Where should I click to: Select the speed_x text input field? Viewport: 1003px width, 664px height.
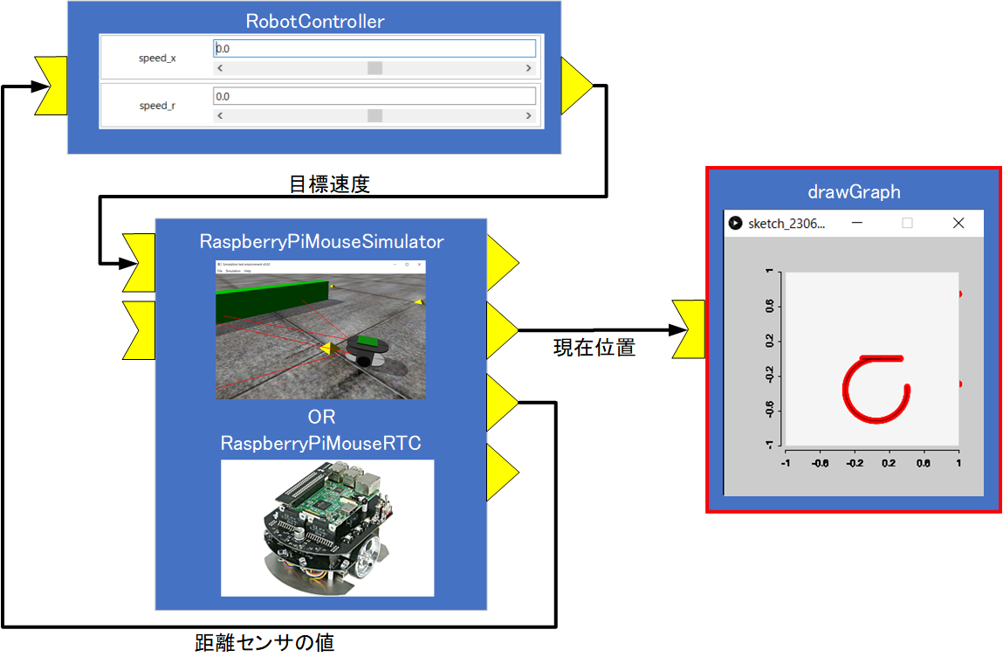pyautogui.click(x=374, y=50)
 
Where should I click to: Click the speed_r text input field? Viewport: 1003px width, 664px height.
pyautogui.click(x=374, y=96)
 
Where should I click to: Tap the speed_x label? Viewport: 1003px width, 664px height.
pyautogui.click(x=157, y=59)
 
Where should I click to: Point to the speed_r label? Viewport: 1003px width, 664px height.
pyautogui.click(x=157, y=106)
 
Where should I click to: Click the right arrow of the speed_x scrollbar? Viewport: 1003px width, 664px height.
pyautogui.click(x=529, y=68)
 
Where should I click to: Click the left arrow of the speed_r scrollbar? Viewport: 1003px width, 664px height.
pyautogui.click(x=220, y=115)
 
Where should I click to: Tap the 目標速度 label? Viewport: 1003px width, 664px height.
pyautogui.click(x=329, y=184)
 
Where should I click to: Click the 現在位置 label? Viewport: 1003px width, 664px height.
pyautogui.click(x=594, y=348)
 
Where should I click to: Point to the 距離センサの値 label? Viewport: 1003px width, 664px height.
pyautogui.click(x=264, y=643)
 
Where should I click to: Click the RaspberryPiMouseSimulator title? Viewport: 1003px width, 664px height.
pyautogui.click(x=321, y=241)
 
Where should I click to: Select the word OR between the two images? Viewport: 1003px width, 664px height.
pyautogui.click(x=321, y=417)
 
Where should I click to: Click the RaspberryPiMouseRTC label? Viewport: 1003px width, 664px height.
pyautogui.click(x=321, y=444)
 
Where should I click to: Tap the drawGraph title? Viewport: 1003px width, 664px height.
pyautogui.click(x=853, y=191)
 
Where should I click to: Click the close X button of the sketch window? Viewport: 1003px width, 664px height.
pyautogui.click(x=958, y=224)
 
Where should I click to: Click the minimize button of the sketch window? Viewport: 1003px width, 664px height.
pyautogui.click(x=857, y=224)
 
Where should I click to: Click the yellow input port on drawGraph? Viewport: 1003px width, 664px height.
pyautogui.click(x=690, y=329)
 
